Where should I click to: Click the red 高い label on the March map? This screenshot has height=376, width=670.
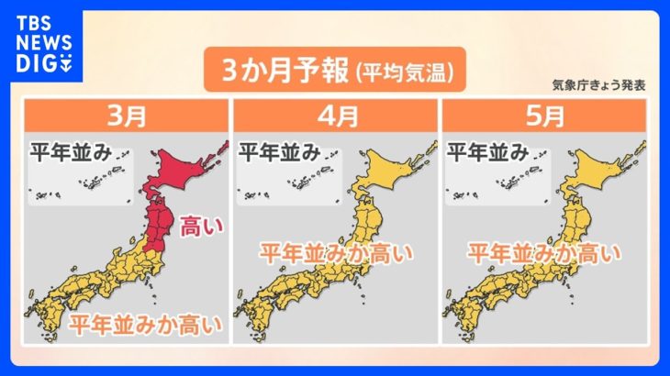tap(192, 223)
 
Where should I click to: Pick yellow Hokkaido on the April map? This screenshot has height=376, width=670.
tap(389, 170)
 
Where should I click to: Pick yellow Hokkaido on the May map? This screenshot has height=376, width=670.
tap(597, 170)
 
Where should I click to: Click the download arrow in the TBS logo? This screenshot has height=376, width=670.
tap(66, 64)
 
